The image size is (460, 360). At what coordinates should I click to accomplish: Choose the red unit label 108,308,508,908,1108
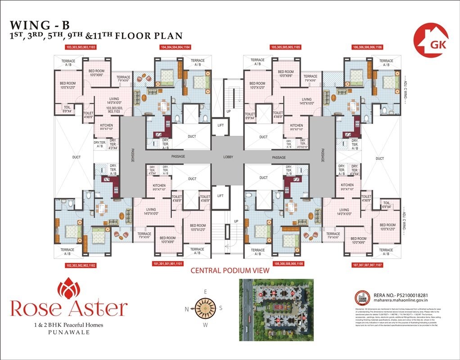288,264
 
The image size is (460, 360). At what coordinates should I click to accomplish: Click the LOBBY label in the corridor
228,157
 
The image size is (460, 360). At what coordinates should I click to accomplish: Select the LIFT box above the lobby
220,126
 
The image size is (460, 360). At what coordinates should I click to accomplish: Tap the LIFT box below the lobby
220,196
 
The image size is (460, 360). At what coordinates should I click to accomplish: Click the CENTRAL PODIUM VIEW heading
230,271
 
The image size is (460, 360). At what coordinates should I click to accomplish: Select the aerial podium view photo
276,310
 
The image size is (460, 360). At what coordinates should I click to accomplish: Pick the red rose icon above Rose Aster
69,285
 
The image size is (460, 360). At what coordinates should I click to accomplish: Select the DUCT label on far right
379,158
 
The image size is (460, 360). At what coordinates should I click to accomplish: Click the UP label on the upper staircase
229,111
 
